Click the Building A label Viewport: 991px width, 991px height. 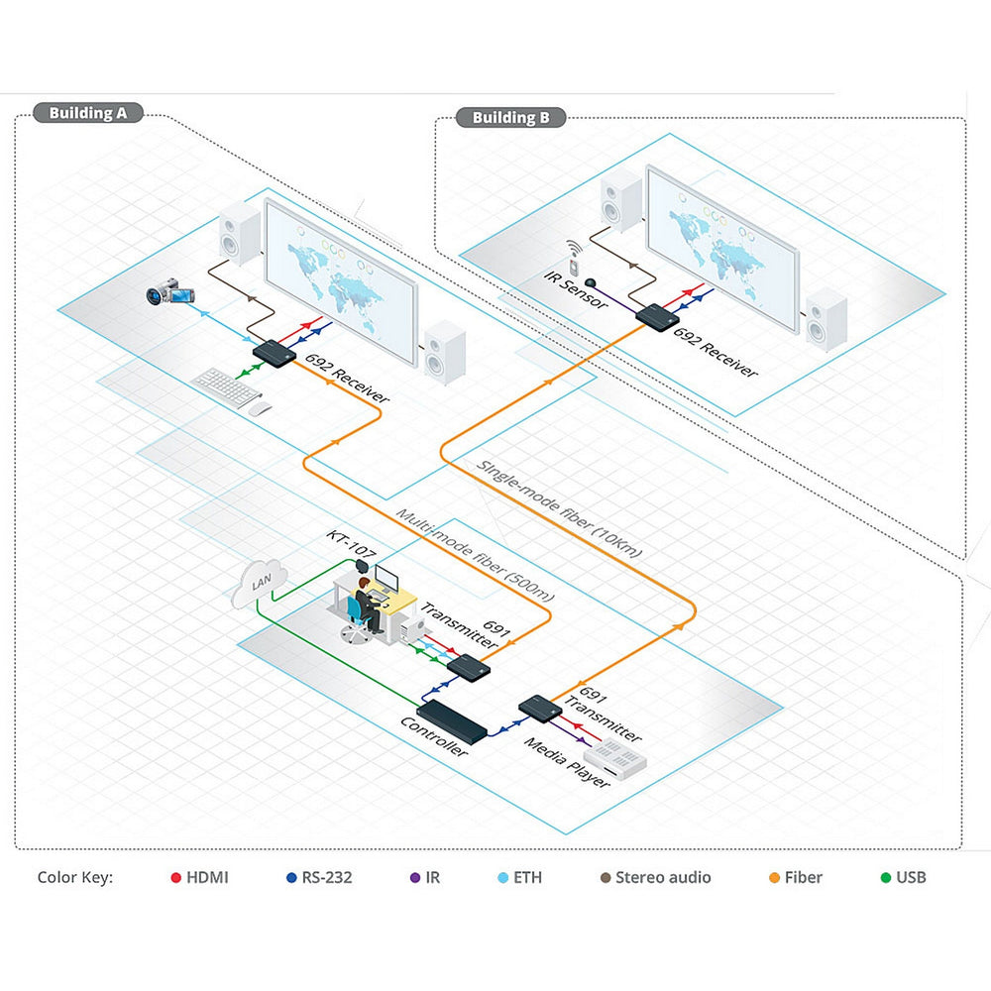pos(88,113)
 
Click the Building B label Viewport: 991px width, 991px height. pos(510,118)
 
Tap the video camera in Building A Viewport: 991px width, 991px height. pos(170,291)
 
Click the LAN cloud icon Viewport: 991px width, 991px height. pos(259,585)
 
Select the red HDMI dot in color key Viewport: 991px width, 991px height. pos(175,877)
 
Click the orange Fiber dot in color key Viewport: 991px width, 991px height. pos(775,877)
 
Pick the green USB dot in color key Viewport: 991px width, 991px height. pos(885,877)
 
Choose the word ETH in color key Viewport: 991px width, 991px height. pos(527,877)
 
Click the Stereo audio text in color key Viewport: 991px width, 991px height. pos(663,877)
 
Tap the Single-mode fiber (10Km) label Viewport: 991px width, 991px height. pos(559,509)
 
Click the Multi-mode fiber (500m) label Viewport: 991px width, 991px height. pos(475,555)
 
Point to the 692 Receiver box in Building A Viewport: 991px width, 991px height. pos(270,353)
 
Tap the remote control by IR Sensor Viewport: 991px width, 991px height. pos(573,253)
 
